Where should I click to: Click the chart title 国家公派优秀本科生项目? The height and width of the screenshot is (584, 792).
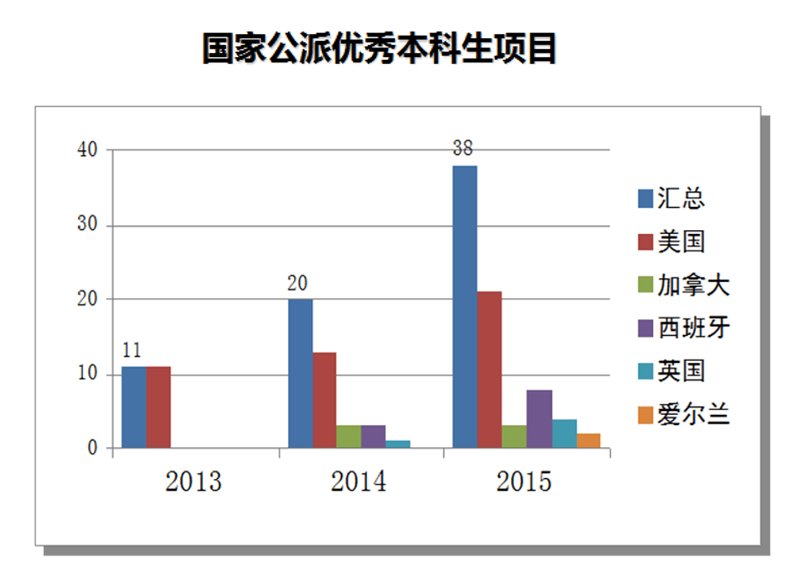click(379, 49)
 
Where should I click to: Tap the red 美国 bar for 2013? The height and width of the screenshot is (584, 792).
click(159, 407)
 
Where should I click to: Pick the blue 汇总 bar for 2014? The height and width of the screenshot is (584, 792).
click(300, 373)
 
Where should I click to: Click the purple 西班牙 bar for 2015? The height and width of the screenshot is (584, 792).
click(539, 419)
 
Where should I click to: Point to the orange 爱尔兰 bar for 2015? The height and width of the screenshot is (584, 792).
click(589, 440)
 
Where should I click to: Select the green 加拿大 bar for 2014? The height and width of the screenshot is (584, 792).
click(349, 436)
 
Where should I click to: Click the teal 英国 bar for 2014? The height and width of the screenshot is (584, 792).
click(398, 444)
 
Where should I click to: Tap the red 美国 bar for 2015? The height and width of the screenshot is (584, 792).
click(490, 370)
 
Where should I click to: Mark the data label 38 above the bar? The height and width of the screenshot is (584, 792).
click(464, 149)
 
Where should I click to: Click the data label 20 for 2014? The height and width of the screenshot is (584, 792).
click(298, 283)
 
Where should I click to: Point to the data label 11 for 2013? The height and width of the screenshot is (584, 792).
click(132, 350)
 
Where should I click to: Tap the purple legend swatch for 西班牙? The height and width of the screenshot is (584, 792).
click(646, 328)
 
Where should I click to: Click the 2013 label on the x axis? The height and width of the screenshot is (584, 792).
click(193, 481)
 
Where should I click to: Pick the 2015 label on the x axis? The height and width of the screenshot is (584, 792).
click(524, 481)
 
